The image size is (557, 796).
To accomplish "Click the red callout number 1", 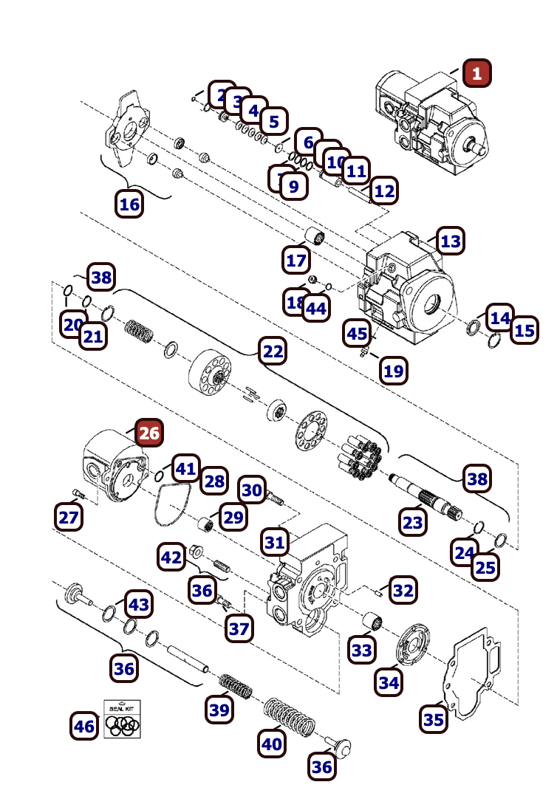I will (476, 73).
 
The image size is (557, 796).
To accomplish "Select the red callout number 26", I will (149, 433).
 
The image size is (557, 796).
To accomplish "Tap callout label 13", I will (450, 241).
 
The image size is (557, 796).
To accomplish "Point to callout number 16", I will (129, 204).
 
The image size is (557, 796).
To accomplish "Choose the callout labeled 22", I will (273, 352).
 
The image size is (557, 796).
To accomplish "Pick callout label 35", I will (434, 719).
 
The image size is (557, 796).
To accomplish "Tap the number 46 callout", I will (84, 726).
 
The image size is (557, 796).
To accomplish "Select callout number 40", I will (272, 743).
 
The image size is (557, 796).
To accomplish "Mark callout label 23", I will (413, 523).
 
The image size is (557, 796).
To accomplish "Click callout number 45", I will (357, 334).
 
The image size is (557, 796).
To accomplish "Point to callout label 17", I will (296, 260).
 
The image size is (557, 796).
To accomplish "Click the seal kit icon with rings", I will (122, 719).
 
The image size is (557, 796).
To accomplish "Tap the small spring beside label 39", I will (235, 686).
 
